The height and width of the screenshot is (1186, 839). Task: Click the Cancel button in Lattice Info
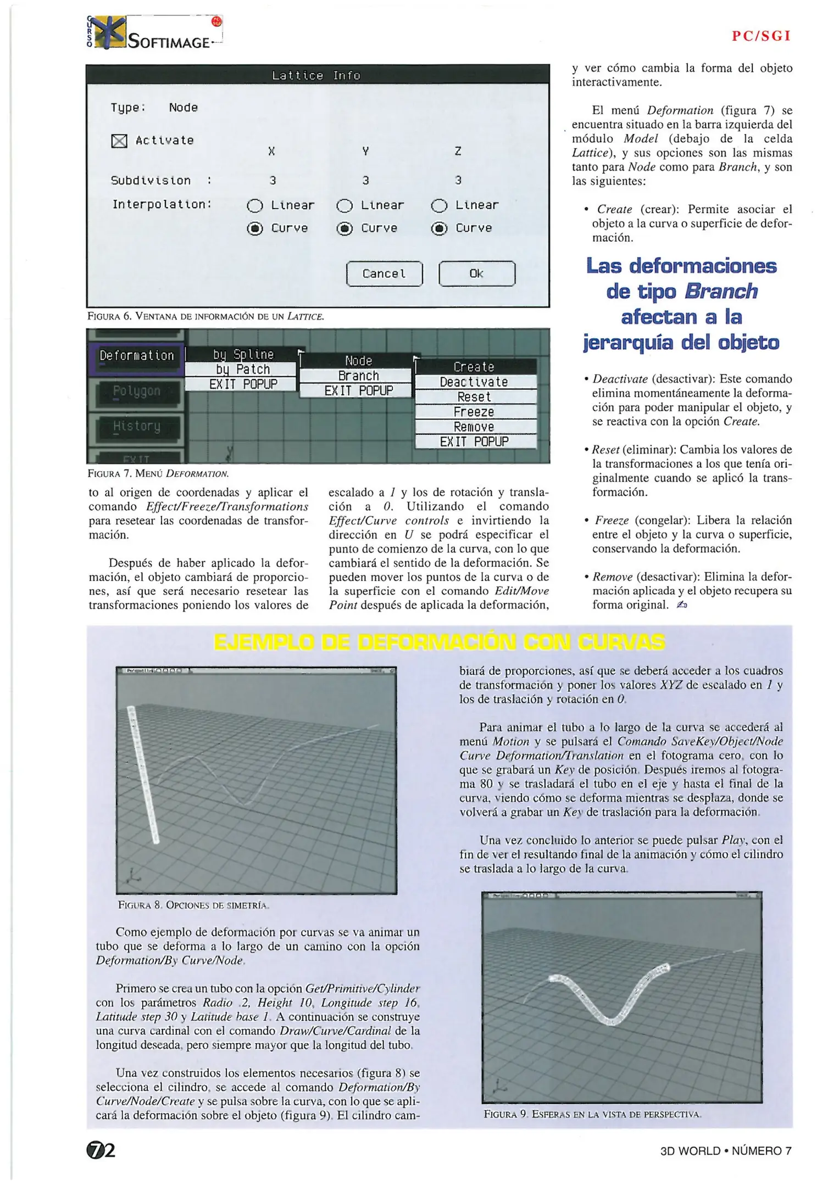[x=384, y=273]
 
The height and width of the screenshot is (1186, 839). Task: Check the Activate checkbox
[x=119, y=141]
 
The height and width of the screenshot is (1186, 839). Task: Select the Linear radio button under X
[x=255, y=206]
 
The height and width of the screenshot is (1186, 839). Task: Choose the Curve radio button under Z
[x=439, y=228]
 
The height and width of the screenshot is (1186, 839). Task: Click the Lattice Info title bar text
[x=316, y=75]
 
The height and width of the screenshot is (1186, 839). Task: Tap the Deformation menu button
[x=136, y=356]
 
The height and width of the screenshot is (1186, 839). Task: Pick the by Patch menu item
[x=242, y=370]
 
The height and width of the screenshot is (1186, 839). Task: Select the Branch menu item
[x=358, y=376]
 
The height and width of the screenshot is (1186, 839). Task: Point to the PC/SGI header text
[x=761, y=36]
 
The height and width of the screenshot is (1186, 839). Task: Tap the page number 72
[x=101, y=1150]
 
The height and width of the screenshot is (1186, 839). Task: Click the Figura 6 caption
[x=205, y=316]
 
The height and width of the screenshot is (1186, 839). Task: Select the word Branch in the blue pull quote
[x=721, y=292]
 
